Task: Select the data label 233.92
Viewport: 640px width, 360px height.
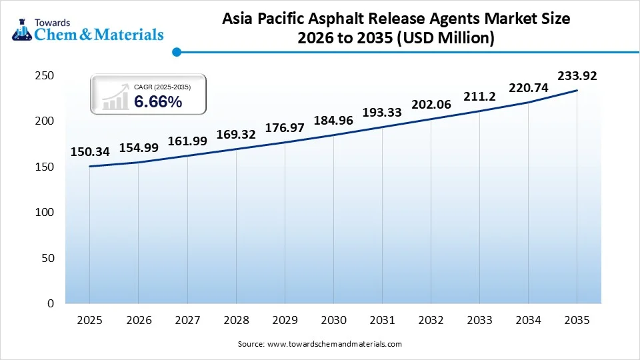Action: (577, 76)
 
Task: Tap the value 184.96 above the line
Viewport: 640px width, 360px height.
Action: (333, 121)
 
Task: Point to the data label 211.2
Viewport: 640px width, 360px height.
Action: (479, 97)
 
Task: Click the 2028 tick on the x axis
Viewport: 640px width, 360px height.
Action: (236, 320)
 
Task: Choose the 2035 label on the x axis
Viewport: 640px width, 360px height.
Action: (577, 320)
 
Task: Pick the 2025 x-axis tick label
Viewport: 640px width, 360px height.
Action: (89, 320)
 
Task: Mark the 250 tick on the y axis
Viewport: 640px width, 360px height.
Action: (44, 76)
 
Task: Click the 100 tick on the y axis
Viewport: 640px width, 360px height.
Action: (44, 212)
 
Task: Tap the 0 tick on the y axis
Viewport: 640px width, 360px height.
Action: (50, 303)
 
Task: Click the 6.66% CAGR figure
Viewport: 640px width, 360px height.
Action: (158, 102)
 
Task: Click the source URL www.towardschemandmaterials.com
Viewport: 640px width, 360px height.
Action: (334, 344)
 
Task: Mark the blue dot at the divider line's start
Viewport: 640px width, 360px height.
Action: (176, 51)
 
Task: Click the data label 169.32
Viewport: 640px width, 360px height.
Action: (236, 135)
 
